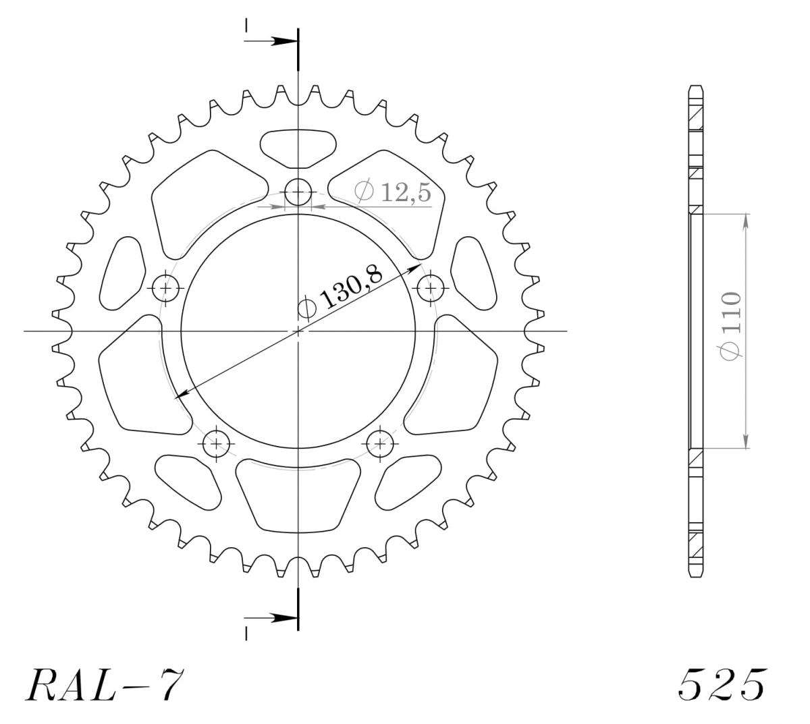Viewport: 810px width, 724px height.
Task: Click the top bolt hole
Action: [x=298, y=192]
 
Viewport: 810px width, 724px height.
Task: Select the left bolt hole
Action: [x=165, y=287]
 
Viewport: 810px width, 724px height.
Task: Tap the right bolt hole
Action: [x=431, y=287]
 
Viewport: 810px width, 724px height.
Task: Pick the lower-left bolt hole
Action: [x=216, y=443]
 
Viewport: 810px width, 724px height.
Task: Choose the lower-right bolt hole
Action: [x=380, y=443]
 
